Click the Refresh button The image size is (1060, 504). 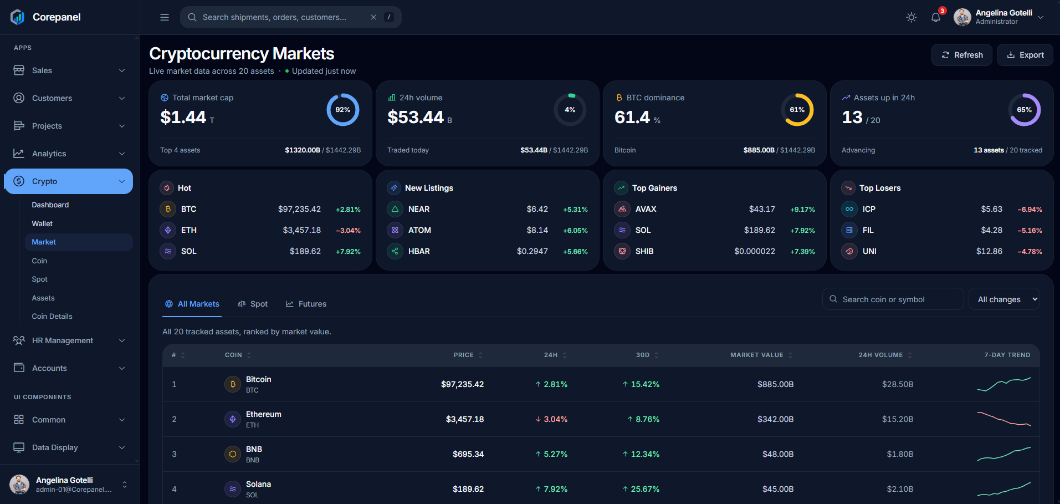pyautogui.click(x=962, y=55)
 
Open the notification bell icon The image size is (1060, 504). pyautogui.click(x=936, y=17)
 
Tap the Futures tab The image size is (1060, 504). pyautogui.click(x=306, y=304)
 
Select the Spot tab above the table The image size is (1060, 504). pyautogui.click(x=253, y=304)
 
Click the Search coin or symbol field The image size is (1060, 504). pyautogui.click(x=893, y=299)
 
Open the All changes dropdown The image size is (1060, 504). pyautogui.click(x=1004, y=299)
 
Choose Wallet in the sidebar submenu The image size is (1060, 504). pyautogui.click(x=42, y=223)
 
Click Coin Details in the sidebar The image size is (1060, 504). pyautogui.click(x=52, y=316)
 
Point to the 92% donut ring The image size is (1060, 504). pyautogui.click(x=343, y=94)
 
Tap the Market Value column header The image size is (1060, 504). pyautogui.click(x=757, y=355)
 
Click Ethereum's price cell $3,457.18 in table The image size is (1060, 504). pyautogui.click(x=465, y=419)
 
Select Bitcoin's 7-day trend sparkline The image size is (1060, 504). pyautogui.click(x=1003, y=384)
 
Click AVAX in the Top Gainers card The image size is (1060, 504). pyautogui.click(x=646, y=209)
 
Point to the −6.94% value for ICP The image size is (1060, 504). pyautogui.click(x=1030, y=210)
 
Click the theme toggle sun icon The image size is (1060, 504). pyautogui.click(x=912, y=17)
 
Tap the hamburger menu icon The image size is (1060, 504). pyautogui.click(x=165, y=17)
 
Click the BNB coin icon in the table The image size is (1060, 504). pyautogui.click(x=233, y=454)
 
